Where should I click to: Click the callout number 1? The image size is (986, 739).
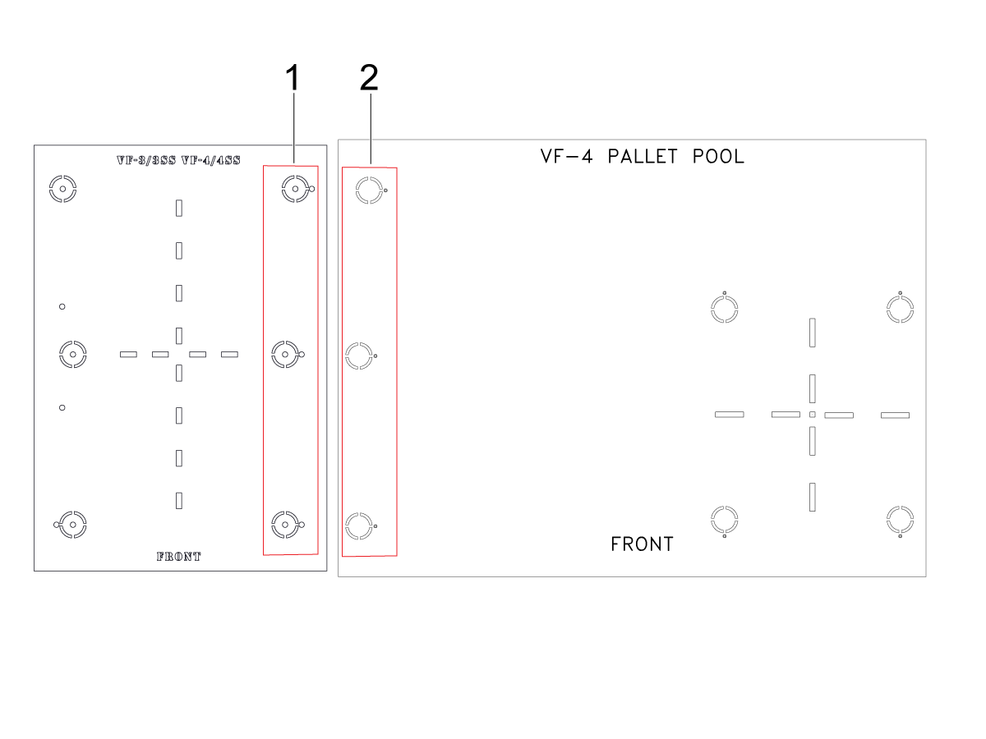coord(293,77)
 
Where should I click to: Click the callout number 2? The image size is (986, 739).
coord(369,77)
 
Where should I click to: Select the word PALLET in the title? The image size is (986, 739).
coord(643,157)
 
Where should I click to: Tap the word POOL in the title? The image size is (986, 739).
coord(718,157)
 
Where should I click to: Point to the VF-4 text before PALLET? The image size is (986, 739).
coord(566,157)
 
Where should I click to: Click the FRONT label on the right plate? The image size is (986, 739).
coord(642,544)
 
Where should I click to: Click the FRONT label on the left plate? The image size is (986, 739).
coord(179,557)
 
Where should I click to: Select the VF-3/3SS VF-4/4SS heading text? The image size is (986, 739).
coord(178,160)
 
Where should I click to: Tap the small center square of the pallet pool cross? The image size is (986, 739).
coord(812,415)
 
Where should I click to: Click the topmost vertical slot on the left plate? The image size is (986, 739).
coord(179,209)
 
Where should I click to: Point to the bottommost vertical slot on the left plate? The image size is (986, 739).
coord(179,501)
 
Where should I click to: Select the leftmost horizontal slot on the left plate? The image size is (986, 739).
coord(128,355)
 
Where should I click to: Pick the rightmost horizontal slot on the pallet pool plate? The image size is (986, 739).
coord(895,415)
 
